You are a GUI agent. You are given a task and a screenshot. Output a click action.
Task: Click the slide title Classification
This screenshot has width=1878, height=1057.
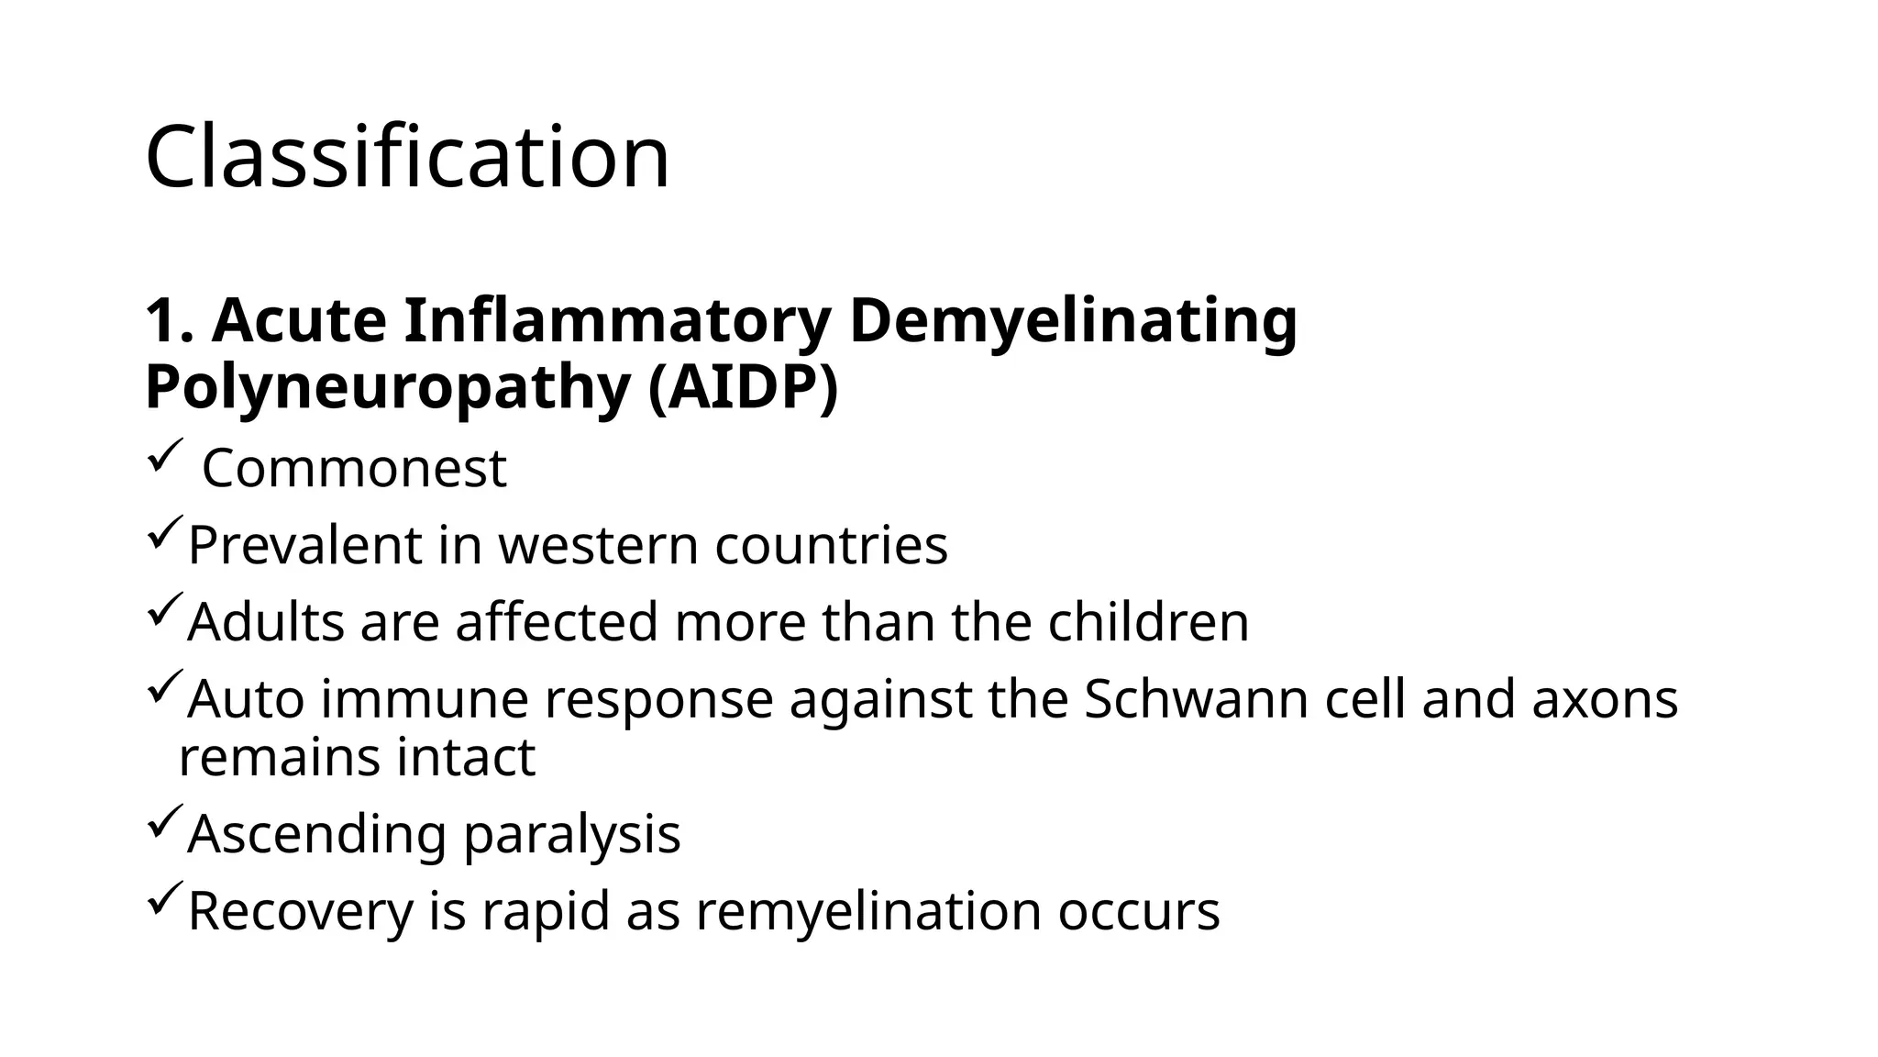pos(407,157)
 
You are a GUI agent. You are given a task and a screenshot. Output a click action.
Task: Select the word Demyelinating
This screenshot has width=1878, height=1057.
pos(1073,323)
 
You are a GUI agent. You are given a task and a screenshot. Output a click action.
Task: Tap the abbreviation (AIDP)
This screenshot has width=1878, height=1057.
pos(743,387)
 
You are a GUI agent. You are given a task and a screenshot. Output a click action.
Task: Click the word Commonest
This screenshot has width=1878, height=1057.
pos(354,468)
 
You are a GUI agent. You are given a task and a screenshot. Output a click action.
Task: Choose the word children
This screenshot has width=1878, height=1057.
pos(1148,621)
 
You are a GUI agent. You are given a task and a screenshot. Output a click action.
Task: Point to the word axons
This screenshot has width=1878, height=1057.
pos(1605,699)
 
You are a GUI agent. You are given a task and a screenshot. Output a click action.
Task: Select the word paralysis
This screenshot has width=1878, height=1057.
pos(572,835)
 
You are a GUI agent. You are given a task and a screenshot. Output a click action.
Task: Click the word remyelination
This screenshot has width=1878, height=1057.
pos(868,911)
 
